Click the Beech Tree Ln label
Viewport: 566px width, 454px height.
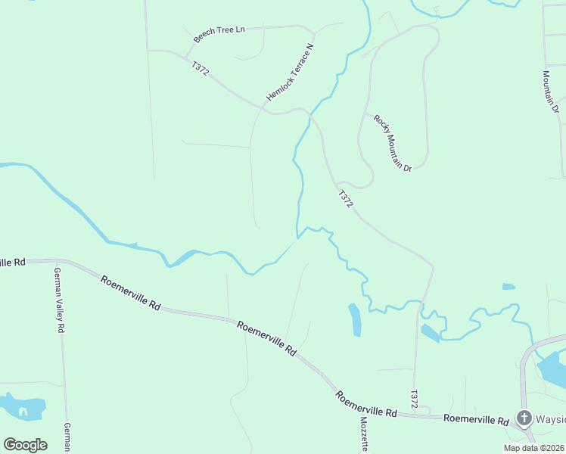tap(220, 33)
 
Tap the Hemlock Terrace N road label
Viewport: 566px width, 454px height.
tap(290, 73)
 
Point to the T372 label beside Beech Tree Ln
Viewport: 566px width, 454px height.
tap(201, 69)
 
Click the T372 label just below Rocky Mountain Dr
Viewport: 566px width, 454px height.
tap(345, 199)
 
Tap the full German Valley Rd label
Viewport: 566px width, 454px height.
tap(58, 300)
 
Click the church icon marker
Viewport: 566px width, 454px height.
tap(524, 417)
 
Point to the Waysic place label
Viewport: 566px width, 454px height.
tap(550, 418)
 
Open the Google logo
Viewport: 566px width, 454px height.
tap(25, 444)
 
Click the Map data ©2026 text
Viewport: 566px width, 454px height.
tap(533, 448)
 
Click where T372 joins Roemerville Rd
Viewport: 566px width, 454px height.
tap(412, 415)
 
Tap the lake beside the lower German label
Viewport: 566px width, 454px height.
tap(23, 406)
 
